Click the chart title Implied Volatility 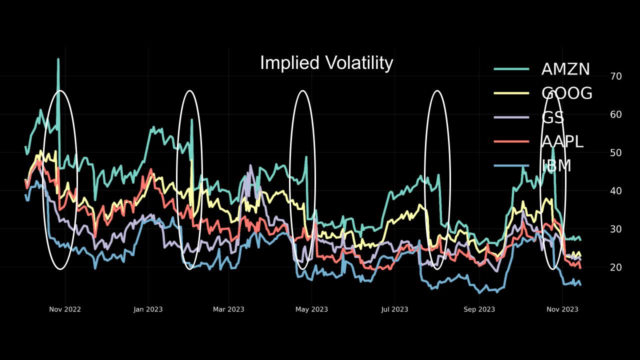326,63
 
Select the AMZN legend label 565,69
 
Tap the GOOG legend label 566,93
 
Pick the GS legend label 552,117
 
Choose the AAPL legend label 562,141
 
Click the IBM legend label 556,165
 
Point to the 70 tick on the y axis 616,76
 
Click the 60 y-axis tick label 616,114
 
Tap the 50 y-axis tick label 616,152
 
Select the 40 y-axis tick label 616,191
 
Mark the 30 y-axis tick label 616,229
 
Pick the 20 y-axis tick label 616,267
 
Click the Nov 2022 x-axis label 65,309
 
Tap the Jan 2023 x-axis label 148,309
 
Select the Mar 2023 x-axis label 228,309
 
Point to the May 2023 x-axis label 311,309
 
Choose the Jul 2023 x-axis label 394,309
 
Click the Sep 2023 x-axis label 479,309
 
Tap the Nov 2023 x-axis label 562,309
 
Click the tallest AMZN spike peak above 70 58,59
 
